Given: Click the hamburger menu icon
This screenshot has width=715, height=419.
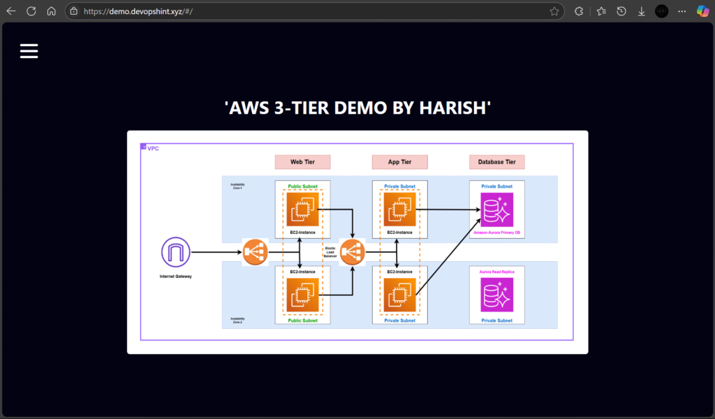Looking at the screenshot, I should click(29, 51).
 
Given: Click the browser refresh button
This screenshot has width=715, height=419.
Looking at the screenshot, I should click(31, 11).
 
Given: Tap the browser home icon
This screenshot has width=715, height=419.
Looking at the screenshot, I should click(51, 11).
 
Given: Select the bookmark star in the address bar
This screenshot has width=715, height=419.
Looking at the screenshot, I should click(554, 11).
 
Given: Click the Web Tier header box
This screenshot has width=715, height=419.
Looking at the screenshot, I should click(302, 162).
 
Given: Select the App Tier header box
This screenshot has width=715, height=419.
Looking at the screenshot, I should click(399, 162).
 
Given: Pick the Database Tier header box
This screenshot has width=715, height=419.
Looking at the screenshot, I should click(496, 162).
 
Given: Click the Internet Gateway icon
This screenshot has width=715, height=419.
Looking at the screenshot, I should click(175, 252).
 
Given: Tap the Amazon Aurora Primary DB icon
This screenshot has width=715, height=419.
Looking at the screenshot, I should click(496, 209).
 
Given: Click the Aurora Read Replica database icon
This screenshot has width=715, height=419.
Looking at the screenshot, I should click(496, 294).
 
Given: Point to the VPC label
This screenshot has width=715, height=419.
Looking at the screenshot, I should click(153, 148).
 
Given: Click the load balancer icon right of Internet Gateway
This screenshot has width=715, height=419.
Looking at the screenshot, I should click(255, 252).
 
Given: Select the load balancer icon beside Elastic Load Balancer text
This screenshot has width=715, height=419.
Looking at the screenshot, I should click(352, 252).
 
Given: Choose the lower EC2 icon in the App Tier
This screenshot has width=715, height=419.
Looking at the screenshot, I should click(399, 294).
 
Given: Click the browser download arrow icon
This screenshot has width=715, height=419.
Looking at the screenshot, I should click(641, 11).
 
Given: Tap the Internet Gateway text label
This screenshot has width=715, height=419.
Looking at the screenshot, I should click(175, 277).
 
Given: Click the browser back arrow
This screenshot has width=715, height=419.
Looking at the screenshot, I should click(11, 11).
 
